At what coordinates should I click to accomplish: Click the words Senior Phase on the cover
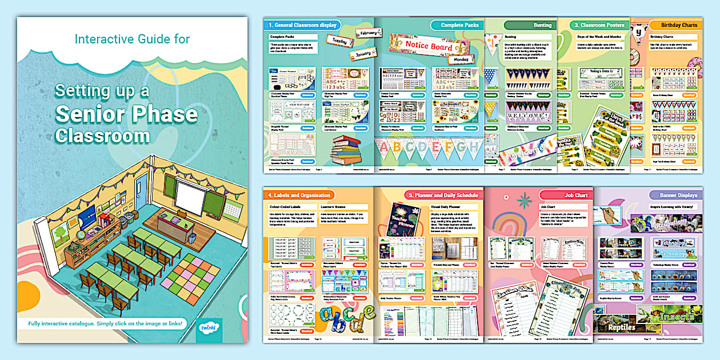[126, 114]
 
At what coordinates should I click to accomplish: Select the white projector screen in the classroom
[189, 195]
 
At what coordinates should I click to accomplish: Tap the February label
[369, 34]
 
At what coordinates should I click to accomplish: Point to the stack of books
[347, 150]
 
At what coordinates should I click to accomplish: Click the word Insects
[677, 316]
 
